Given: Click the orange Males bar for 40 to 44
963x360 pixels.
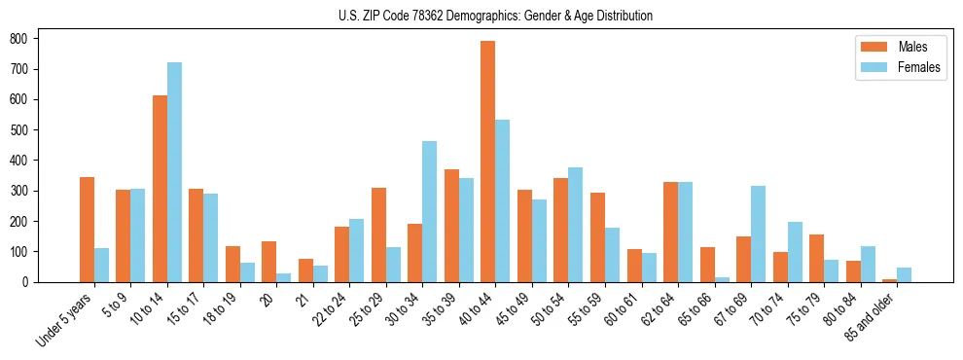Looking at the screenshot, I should coord(488,162).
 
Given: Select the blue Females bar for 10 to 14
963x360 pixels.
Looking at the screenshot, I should coord(174,172).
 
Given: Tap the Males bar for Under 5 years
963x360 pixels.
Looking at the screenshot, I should coord(88,230).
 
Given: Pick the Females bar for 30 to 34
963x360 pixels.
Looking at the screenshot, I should coord(430,211).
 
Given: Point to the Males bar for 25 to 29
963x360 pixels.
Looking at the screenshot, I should coord(378,234).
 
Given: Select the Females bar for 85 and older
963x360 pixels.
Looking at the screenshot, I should coord(904,274).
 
